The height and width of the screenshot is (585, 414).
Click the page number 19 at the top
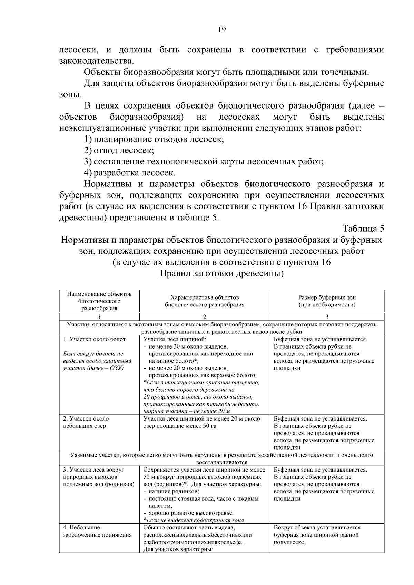pyautogui.click(x=221, y=30)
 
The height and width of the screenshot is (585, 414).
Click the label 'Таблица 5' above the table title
pyautogui.click(x=363, y=229)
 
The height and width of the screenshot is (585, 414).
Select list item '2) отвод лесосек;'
pyautogui.click(x=119, y=150)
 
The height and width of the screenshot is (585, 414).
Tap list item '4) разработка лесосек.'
pyautogui.click(x=130, y=173)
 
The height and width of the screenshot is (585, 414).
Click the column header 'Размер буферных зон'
pyautogui.click(x=327, y=297)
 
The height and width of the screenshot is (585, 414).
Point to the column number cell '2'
pyautogui.click(x=204, y=317)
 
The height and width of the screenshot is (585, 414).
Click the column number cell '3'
pyautogui.click(x=327, y=317)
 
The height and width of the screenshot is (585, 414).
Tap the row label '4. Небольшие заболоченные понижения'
pyautogui.click(x=97, y=531)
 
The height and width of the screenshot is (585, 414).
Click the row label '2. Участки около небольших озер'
pyautogui.click(x=86, y=422)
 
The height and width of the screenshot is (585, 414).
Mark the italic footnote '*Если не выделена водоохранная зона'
pyautogui.click(x=193, y=521)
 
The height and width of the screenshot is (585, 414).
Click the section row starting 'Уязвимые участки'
pyautogui.click(x=221, y=458)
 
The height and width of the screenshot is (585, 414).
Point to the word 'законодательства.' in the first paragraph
pyautogui.click(x=96, y=61)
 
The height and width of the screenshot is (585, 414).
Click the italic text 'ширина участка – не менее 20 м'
pyautogui.click(x=186, y=411)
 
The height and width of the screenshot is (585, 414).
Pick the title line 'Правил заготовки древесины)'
pyautogui.click(x=221, y=274)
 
